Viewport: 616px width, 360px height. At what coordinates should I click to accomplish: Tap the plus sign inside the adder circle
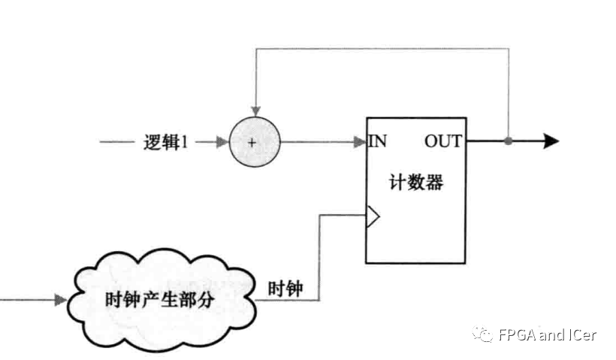[253, 142]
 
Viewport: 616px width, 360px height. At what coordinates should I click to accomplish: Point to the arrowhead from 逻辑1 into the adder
[221, 141]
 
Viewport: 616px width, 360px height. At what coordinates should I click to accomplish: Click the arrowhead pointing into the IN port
[361, 141]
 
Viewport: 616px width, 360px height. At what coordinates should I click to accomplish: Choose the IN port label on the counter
[377, 141]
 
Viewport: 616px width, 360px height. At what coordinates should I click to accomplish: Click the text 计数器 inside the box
[415, 183]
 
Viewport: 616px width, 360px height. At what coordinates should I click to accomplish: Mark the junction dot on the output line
[509, 141]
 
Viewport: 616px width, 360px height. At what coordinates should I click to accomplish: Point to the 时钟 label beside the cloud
[285, 288]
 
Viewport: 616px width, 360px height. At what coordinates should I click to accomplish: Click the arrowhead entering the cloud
[59, 300]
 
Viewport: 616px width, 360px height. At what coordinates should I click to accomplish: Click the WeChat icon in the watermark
[484, 334]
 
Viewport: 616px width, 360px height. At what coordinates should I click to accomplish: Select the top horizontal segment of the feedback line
[383, 50]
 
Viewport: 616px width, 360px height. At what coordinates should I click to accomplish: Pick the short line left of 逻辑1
[116, 141]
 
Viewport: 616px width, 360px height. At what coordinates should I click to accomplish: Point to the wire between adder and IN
[316, 141]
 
